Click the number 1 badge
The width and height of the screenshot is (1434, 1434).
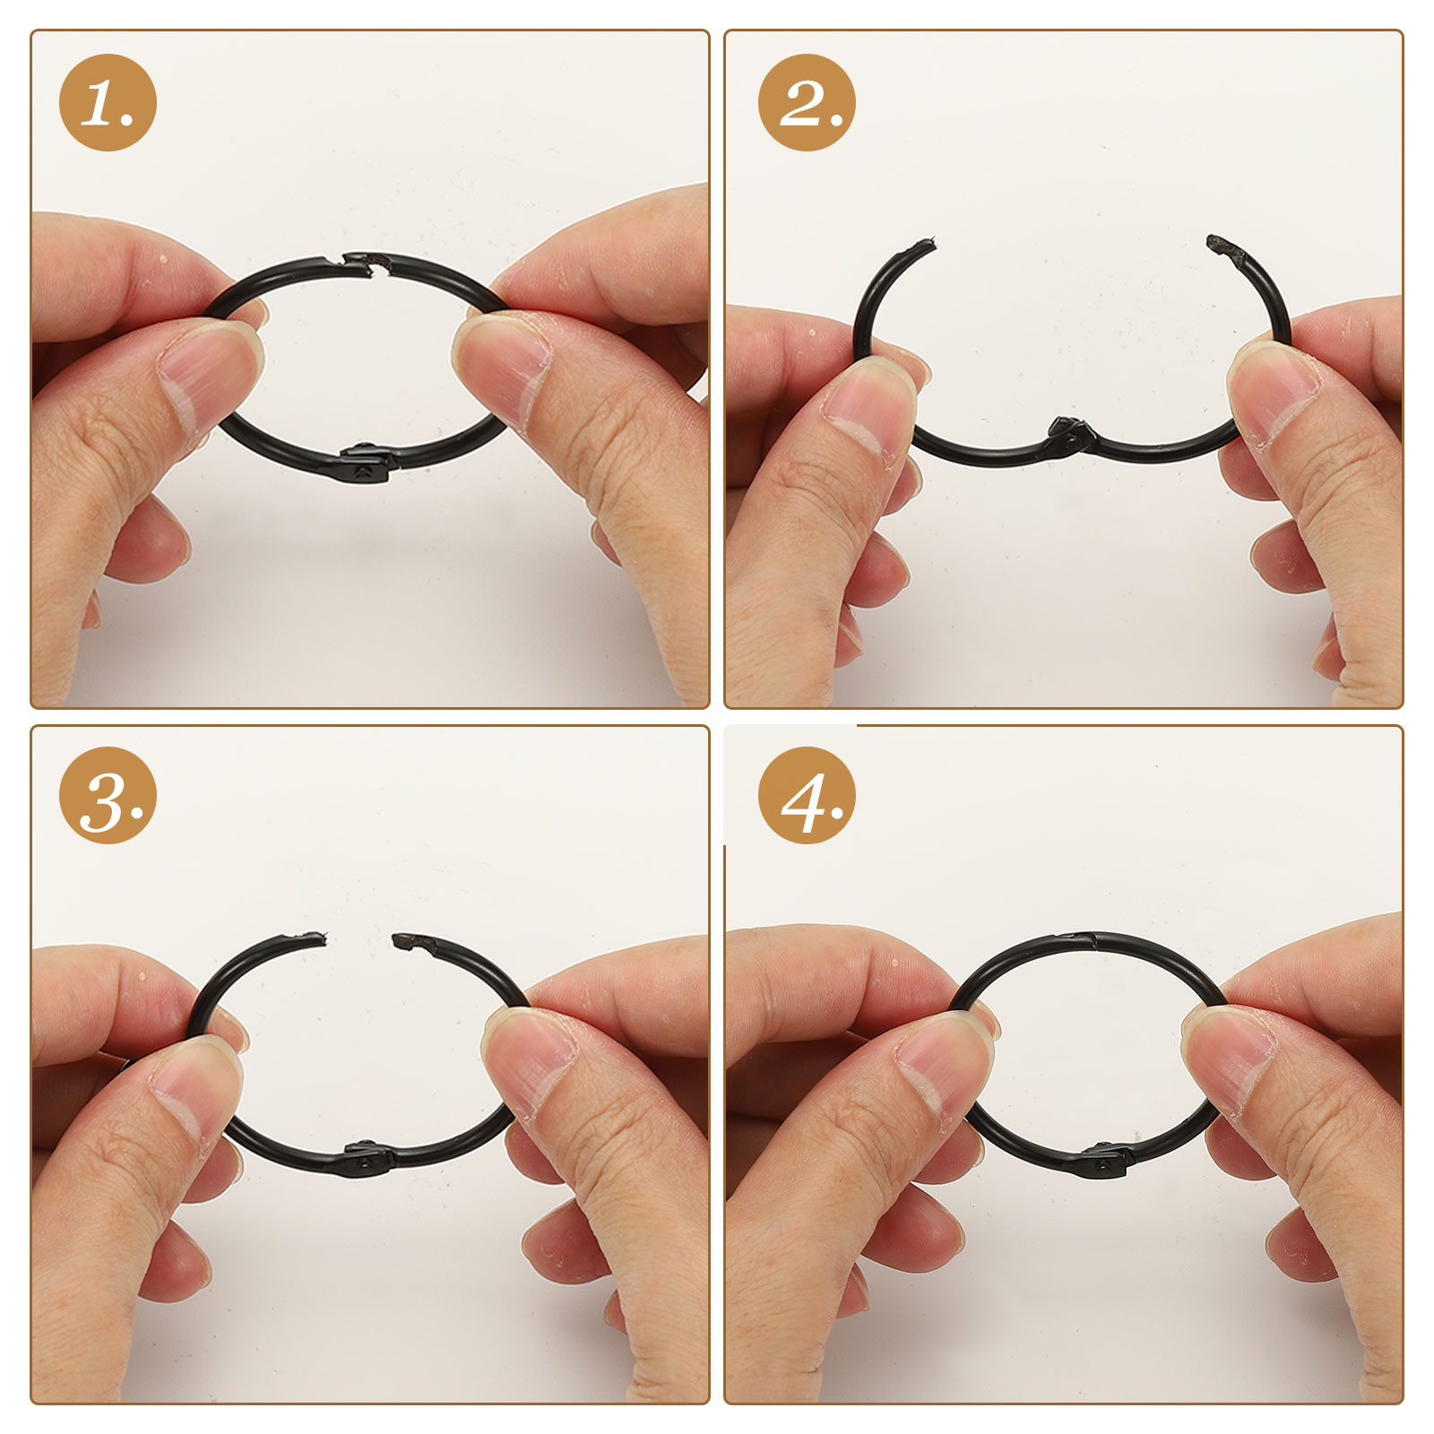pos(108,102)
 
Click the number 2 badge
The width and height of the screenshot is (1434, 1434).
pos(807,102)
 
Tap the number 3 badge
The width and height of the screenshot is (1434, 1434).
pos(108,795)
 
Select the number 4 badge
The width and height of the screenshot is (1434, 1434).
pos(807,795)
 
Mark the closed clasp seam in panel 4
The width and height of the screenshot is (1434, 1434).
pos(1092,940)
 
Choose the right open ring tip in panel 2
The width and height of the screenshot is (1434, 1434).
pos(1219,244)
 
